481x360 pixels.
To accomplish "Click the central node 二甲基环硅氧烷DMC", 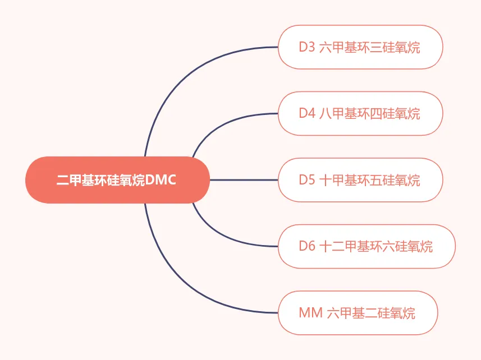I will point(117,180).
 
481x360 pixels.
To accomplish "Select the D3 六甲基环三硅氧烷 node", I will point(360,47).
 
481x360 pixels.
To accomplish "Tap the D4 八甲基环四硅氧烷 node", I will point(360,113).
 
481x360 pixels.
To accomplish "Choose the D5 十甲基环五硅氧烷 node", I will point(360,180).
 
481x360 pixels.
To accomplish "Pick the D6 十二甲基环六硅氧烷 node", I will point(366,246).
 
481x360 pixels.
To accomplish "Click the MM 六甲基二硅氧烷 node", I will point(358,313).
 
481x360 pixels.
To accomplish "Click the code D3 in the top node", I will point(307,47).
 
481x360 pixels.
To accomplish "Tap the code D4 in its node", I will point(307,113).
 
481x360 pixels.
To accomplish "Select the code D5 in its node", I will point(307,180).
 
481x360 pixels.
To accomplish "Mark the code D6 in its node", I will point(307,246).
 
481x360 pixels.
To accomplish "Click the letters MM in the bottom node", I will point(310,313).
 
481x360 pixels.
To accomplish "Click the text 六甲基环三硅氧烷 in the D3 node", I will point(369,47).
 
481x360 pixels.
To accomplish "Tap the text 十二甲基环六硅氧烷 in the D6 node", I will point(375,246).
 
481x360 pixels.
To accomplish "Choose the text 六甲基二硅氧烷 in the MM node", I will point(370,313).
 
